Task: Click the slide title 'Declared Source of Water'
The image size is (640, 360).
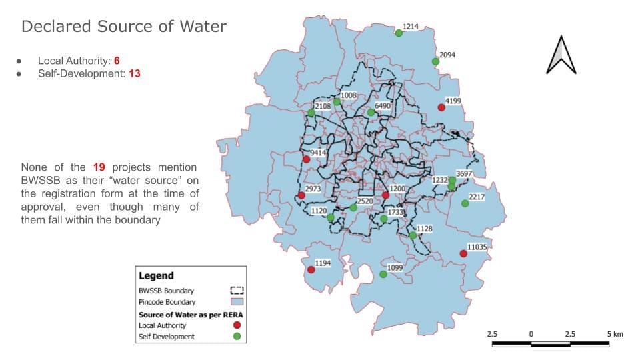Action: pyautogui.click(x=124, y=27)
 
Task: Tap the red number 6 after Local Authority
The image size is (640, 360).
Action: pyautogui.click(x=117, y=61)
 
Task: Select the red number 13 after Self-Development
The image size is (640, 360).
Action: pyautogui.click(x=134, y=73)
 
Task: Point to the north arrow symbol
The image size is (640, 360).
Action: pyautogui.click(x=561, y=55)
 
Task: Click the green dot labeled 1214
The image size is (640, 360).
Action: pyautogui.click(x=399, y=33)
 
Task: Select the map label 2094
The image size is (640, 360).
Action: pyautogui.click(x=447, y=55)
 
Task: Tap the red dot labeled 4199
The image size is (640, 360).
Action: pyautogui.click(x=441, y=107)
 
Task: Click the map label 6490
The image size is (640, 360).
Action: pyautogui.click(x=383, y=106)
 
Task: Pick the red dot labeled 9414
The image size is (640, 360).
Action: pyautogui.click(x=306, y=159)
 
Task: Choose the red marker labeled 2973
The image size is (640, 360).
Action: pyautogui.click(x=301, y=195)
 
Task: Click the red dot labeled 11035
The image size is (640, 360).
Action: pyautogui.click(x=463, y=253)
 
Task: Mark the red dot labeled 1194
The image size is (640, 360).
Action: pyautogui.click(x=311, y=270)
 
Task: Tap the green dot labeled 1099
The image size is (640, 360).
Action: pyautogui.click(x=383, y=274)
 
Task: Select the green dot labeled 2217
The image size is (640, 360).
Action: pyautogui.click(x=465, y=203)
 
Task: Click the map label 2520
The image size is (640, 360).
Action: pyautogui.click(x=365, y=201)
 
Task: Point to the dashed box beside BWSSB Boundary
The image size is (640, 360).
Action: pyautogui.click(x=237, y=291)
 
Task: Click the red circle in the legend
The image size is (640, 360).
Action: pyautogui.click(x=237, y=325)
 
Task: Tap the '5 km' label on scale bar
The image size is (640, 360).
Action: pyautogui.click(x=615, y=333)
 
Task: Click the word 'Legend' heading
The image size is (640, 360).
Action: pyautogui.click(x=156, y=275)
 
